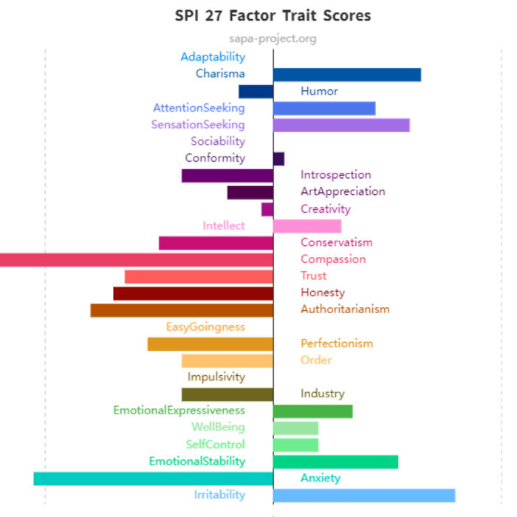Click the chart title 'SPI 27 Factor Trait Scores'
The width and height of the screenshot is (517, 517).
[x=273, y=15]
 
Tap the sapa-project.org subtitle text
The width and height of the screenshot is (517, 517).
[x=273, y=38]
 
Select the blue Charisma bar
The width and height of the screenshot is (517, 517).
[x=346, y=74]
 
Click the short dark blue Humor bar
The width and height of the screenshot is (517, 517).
[x=256, y=91]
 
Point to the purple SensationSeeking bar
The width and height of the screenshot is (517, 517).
[x=340, y=125]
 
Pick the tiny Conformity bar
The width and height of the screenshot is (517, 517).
[x=278, y=158]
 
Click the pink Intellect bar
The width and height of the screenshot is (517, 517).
[x=307, y=226]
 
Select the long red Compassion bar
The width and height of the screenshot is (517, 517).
[x=137, y=259]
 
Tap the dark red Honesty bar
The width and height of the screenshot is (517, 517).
[x=193, y=293]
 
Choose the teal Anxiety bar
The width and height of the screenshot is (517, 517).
[x=153, y=478]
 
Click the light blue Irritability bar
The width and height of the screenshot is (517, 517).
[x=363, y=495]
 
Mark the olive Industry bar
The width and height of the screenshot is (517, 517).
[x=227, y=394]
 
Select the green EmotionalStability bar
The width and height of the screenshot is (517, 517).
[x=335, y=462]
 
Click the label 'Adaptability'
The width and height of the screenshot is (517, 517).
[x=213, y=57]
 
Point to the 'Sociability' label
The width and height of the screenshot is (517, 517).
[x=218, y=141]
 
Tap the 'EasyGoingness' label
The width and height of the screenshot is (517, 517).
[x=205, y=326]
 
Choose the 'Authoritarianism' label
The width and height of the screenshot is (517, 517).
[x=345, y=309]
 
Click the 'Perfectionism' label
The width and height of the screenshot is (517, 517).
[x=337, y=343]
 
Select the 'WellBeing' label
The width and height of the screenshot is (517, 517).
[x=218, y=427]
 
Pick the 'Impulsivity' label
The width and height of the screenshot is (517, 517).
[x=216, y=377]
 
